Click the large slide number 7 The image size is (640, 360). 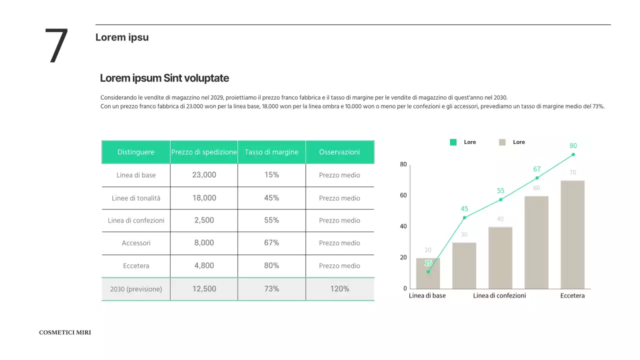click(56, 46)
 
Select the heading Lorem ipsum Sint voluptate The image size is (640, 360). click(164, 78)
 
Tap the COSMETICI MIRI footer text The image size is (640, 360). click(65, 332)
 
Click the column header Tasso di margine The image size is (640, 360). click(271, 152)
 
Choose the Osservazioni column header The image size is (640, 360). click(339, 152)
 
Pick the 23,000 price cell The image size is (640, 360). click(204, 175)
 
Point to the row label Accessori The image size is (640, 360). click(136, 243)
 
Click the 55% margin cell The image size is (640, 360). click(271, 220)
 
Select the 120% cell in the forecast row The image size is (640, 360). click(339, 288)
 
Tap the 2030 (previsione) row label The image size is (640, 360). click(136, 289)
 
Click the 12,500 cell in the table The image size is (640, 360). click(204, 288)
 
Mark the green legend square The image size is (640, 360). click(453, 142)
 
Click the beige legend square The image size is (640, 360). click(502, 142)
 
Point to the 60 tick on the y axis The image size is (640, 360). click(403, 195)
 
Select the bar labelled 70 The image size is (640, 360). click(572, 234)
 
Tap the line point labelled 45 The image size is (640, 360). click(464, 217)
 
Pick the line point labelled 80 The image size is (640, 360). click(573, 154)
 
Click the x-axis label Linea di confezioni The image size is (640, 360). click(499, 295)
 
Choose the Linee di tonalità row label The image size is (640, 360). click(136, 198)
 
